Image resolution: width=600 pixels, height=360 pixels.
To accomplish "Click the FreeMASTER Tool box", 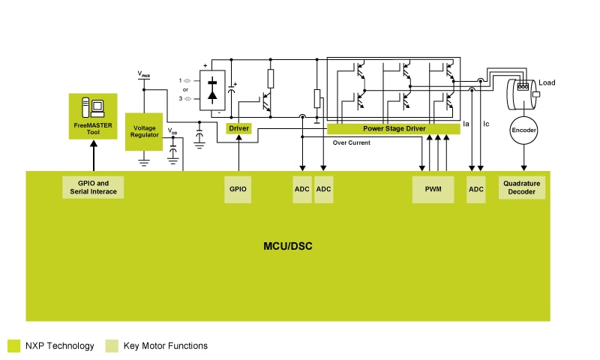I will coord(92,115).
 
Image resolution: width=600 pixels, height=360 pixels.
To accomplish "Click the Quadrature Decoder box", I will coord(522,188).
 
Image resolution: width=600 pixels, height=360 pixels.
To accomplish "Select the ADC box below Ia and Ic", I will coord(475,189).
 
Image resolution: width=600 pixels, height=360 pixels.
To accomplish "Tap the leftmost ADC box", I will coord(302,189).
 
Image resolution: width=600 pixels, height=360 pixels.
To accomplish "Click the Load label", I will coord(547,82).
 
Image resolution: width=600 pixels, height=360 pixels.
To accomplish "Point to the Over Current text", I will coord(351,142).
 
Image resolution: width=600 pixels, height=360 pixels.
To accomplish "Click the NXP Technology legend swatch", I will coord(13,346).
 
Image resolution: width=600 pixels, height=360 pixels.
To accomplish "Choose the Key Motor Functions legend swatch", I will coord(112,346).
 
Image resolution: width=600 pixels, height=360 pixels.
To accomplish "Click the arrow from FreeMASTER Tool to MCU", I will coord(93,154).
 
